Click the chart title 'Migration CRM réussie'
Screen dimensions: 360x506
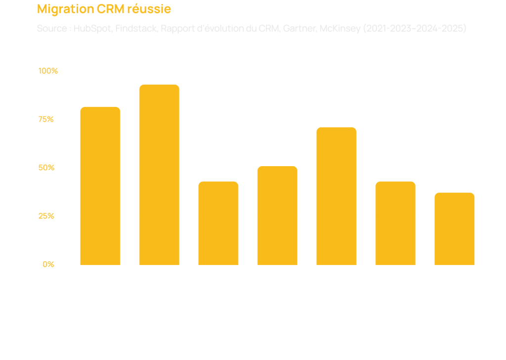pos(104,9)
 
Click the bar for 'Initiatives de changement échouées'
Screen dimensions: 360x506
pos(336,196)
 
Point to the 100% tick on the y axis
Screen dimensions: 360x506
pos(48,70)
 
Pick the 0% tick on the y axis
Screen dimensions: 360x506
pos(48,264)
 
